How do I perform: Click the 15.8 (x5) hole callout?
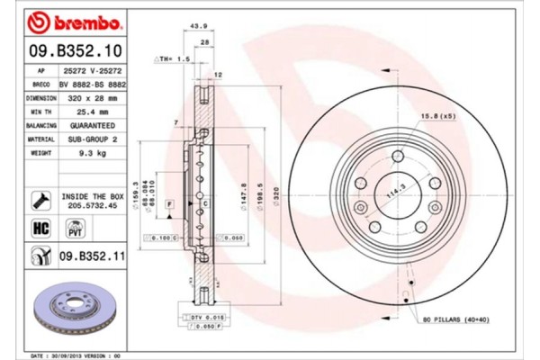[436, 116]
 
